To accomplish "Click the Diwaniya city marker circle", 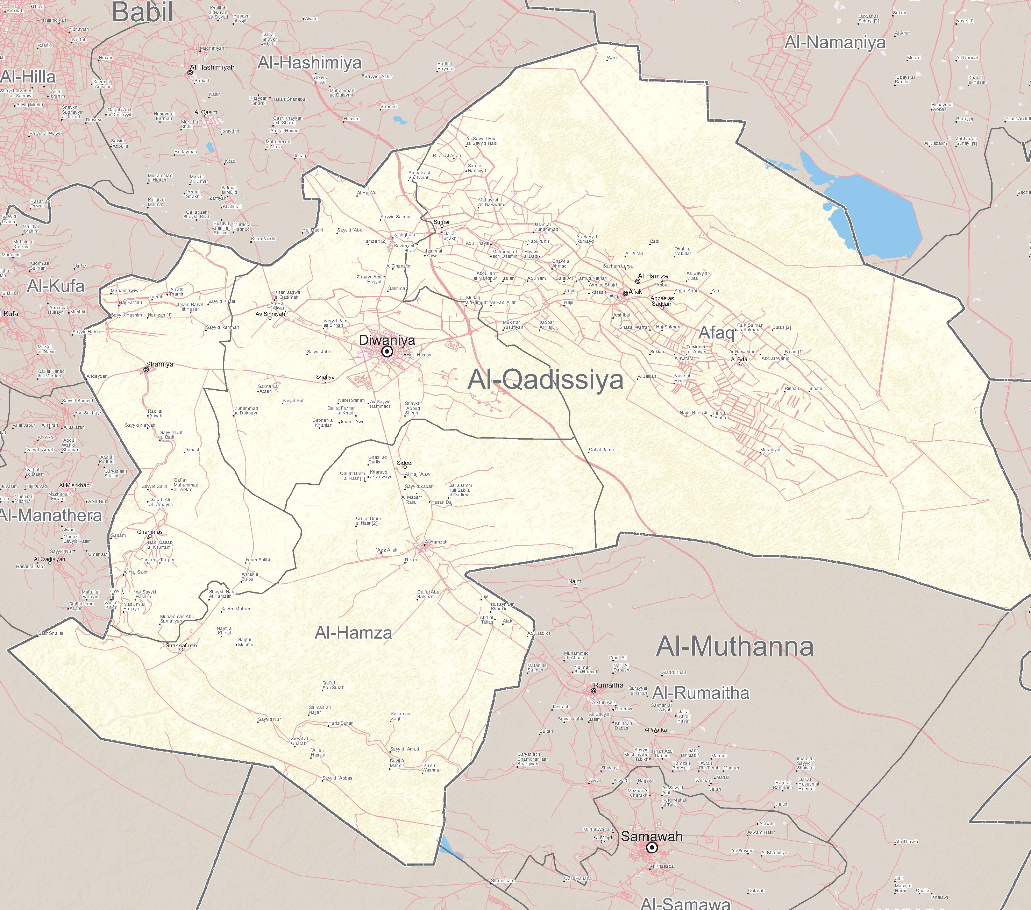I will pos(387,351).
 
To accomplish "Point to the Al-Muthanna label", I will pos(734,646).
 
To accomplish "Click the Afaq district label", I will pos(716,333).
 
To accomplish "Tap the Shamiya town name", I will pos(159,364).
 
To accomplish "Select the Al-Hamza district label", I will pos(353,633).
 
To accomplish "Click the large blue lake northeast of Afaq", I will pos(873,212).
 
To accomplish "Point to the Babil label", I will pos(142,12).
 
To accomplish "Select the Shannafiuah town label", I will pos(181,645).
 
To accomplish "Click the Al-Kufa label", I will pos(56,286).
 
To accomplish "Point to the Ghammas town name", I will pos(150,532).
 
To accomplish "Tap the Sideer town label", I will pos(405,463).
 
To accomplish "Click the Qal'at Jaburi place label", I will pos(602,449).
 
